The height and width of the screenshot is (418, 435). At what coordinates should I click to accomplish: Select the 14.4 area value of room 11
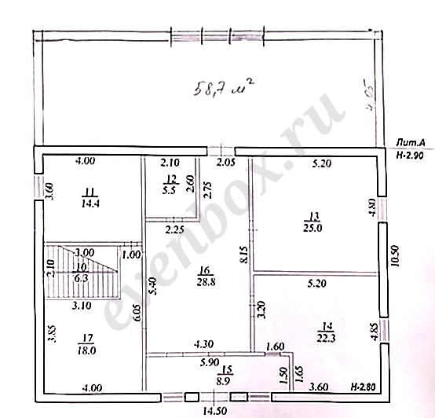click(88, 201)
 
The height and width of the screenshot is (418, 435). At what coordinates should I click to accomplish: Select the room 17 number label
click(87, 339)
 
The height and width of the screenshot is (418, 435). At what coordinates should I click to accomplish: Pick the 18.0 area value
click(87, 351)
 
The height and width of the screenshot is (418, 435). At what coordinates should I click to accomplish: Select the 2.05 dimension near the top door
click(225, 162)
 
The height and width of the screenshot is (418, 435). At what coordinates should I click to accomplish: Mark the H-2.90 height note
click(410, 156)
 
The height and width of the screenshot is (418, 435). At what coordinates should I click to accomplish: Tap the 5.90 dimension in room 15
click(186, 362)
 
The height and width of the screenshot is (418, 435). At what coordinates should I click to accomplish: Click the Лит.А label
click(410, 142)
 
